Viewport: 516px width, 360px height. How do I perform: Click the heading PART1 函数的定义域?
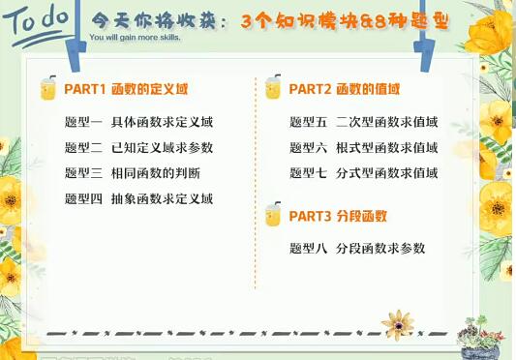(x=126, y=89)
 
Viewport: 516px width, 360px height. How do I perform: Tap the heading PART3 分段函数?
(x=339, y=215)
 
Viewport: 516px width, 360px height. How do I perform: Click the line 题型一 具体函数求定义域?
(x=138, y=123)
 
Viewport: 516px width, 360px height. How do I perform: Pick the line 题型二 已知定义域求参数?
(x=138, y=148)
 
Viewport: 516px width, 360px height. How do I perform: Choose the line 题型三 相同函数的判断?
(x=133, y=173)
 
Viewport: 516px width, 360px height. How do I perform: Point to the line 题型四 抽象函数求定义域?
(x=138, y=199)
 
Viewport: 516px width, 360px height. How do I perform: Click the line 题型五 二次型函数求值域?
(x=364, y=123)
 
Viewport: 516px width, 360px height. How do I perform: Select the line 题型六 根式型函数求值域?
(x=364, y=148)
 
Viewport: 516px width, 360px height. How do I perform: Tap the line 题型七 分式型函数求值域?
(x=364, y=173)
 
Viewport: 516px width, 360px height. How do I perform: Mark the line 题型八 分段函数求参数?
(x=357, y=249)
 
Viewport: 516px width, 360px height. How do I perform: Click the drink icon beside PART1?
(x=47, y=89)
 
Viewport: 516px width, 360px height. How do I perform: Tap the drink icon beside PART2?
(x=273, y=89)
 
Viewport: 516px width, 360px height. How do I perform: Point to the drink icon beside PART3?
(x=273, y=215)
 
